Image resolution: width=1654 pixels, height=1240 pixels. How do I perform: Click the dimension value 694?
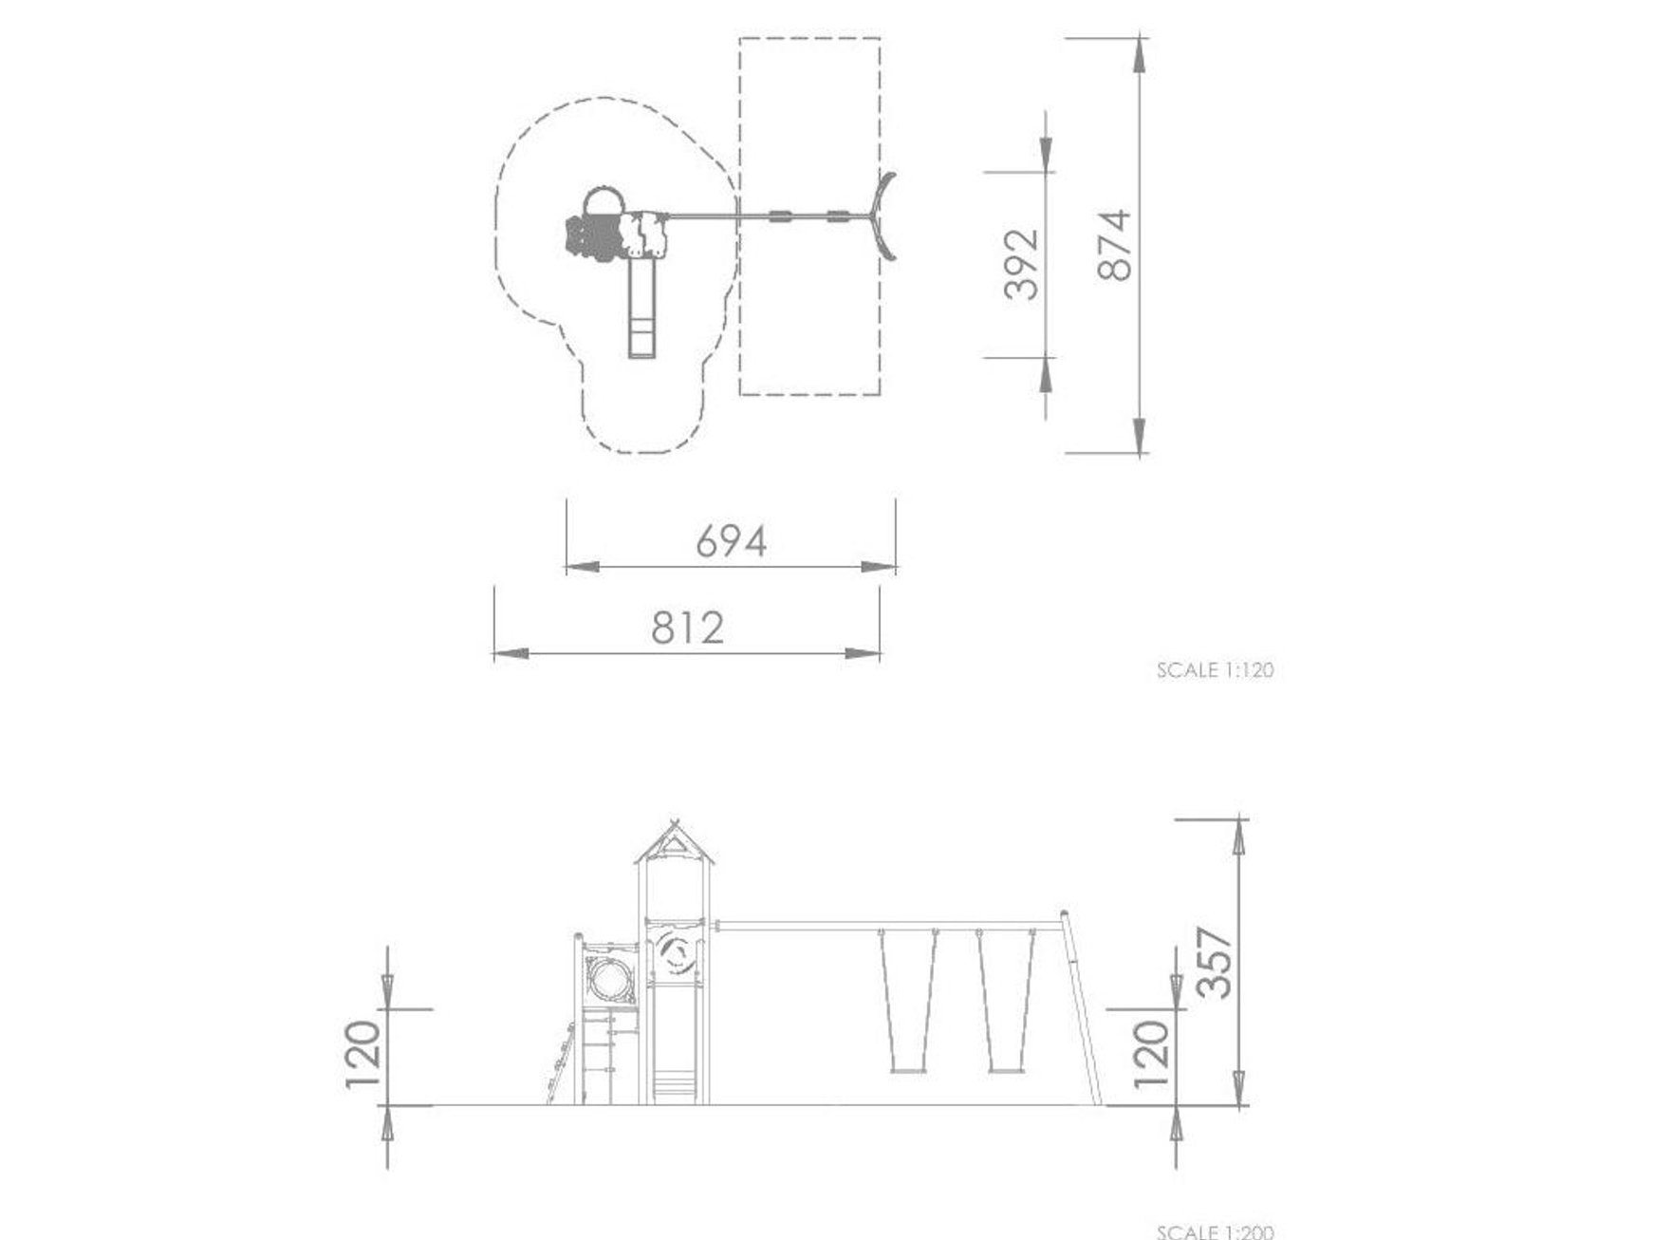coord(731,541)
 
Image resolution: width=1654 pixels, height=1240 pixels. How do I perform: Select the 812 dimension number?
coord(688,628)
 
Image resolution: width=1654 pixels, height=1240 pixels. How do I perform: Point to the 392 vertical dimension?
coord(1022,265)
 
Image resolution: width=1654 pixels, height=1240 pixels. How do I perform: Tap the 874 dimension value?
coord(1115,245)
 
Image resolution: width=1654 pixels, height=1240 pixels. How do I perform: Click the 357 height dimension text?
coord(1214,962)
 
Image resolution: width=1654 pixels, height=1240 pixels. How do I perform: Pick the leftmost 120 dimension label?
coord(363,1055)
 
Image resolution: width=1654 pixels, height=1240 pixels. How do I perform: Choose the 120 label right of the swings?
coord(1149,1055)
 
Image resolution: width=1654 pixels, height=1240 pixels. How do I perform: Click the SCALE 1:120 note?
coord(1215,669)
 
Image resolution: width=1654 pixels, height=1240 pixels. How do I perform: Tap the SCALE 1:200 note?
coord(1215,1232)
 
